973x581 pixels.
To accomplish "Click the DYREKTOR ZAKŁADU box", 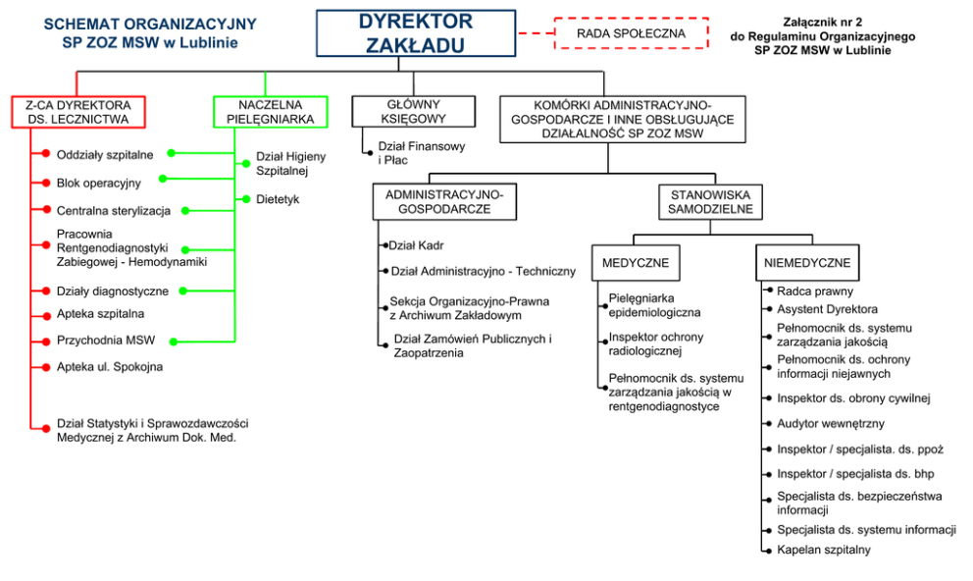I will pyautogui.click(x=415, y=33).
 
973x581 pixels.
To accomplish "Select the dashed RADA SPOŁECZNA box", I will pyautogui.click(x=631, y=32).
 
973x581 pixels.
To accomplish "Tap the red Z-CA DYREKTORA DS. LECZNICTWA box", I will pyautogui.click(x=78, y=112).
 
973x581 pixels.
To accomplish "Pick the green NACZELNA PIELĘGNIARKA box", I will pyautogui.click(x=270, y=112).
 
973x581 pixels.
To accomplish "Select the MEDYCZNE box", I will pyautogui.click(x=635, y=263).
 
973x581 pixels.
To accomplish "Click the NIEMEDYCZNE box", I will pyautogui.click(x=807, y=263).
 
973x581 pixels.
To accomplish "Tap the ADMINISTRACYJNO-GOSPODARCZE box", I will pyautogui.click(x=444, y=202).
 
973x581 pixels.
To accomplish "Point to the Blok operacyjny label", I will pyautogui.click(x=98, y=183).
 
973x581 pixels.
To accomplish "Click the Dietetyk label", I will pyautogui.click(x=278, y=199).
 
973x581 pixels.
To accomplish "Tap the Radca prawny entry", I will pyautogui.click(x=814, y=290).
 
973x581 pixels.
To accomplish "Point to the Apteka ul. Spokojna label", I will pyautogui.click(x=110, y=366).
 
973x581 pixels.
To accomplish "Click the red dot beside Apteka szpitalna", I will pyautogui.click(x=45, y=314).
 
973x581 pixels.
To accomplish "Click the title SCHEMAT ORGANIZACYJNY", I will pyautogui.click(x=150, y=24).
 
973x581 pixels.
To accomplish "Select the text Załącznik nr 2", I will pyautogui.click(x=823, y=21).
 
